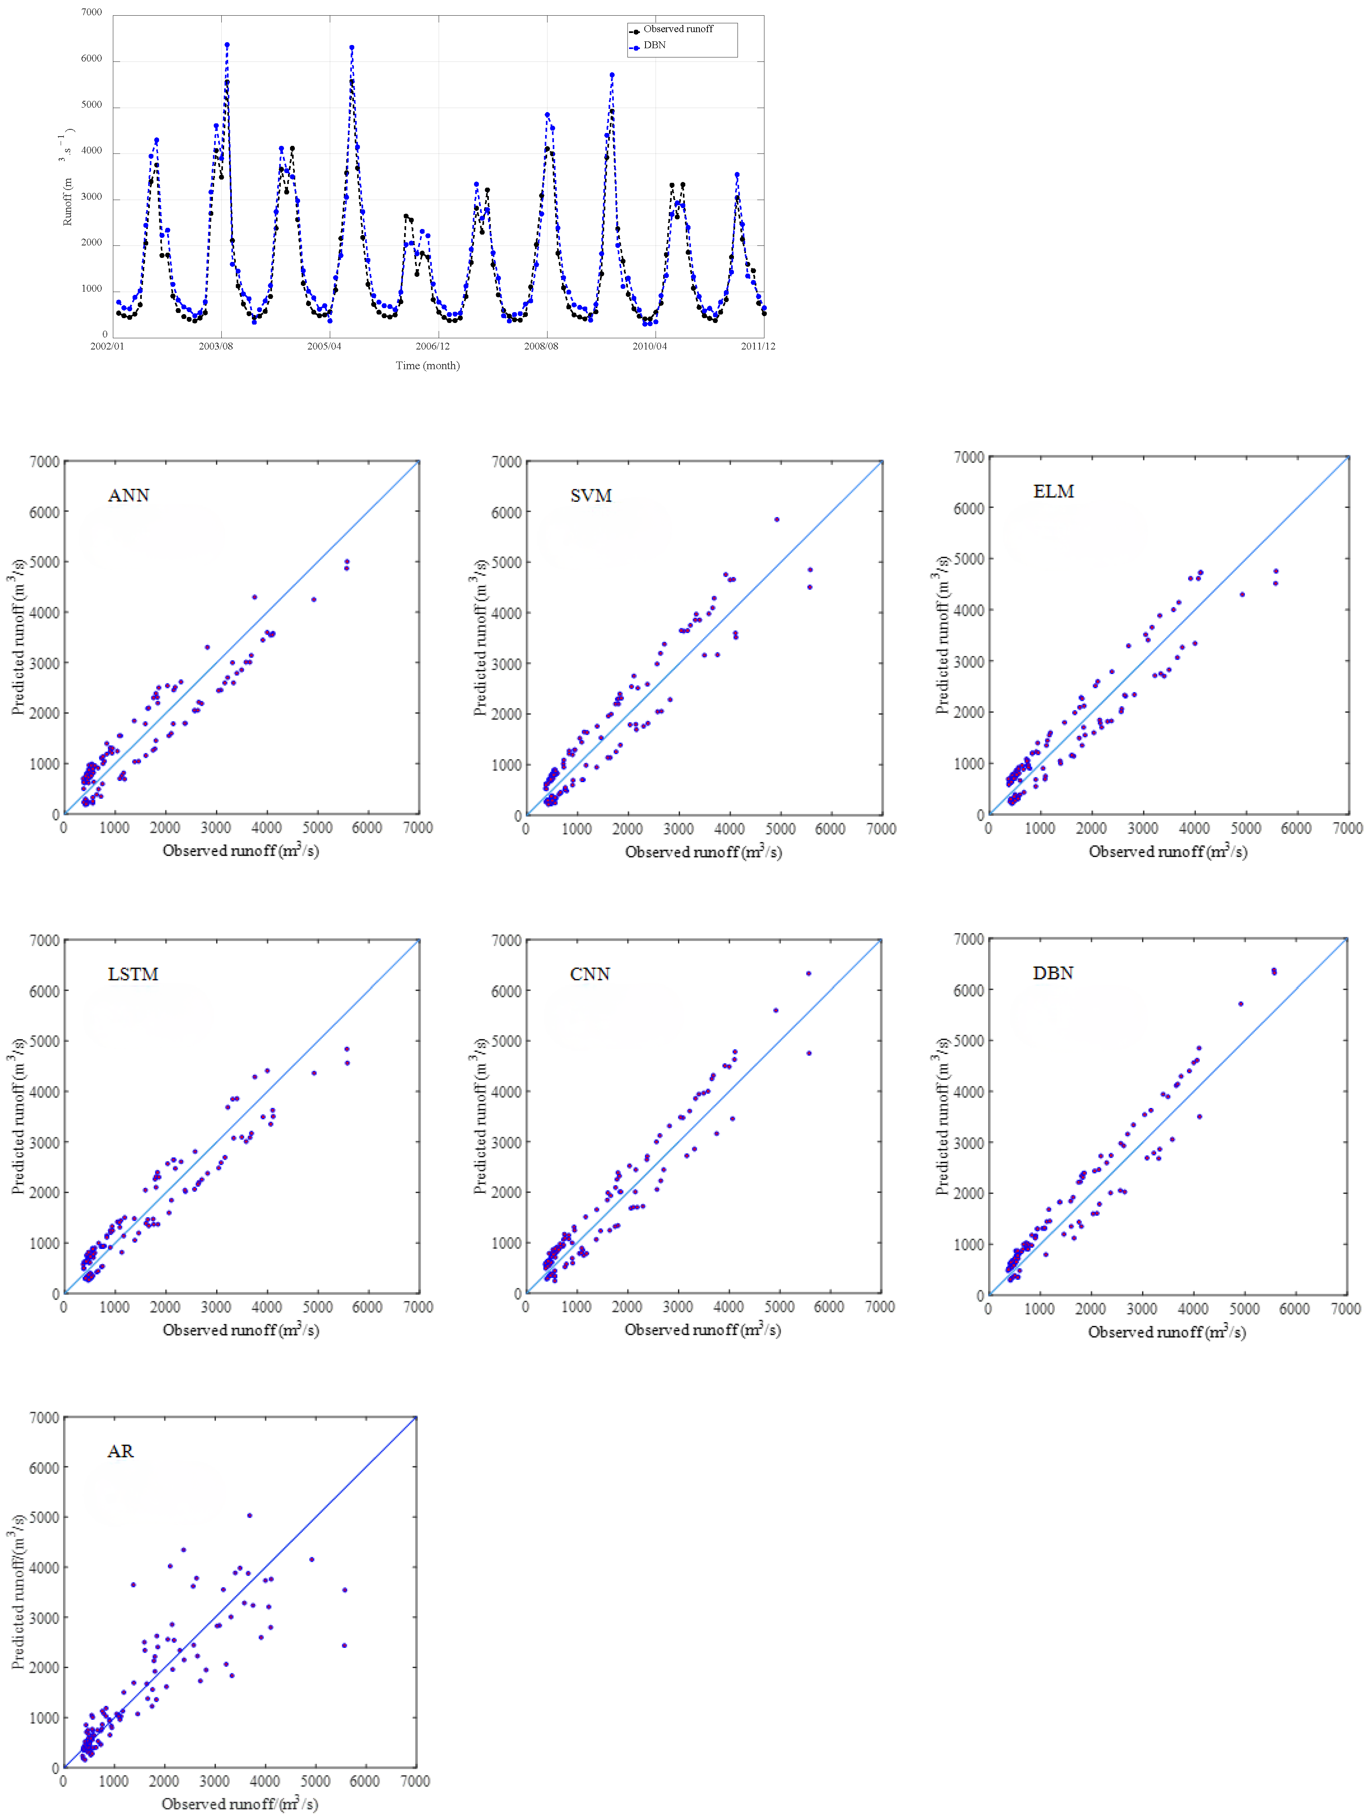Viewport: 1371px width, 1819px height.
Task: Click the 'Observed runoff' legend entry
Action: [x=677, y=29]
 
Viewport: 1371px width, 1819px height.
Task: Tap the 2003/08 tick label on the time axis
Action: [x=215, y=346]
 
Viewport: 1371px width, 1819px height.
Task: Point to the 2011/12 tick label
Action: [x=758, y=346]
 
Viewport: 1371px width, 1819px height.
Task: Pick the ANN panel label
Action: [x=128, y=495]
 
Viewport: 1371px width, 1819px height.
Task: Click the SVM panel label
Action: [x=590, y=495]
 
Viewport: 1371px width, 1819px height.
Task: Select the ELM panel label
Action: [x=1054, y=491]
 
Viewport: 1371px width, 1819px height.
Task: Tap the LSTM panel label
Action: [x=133, y=974]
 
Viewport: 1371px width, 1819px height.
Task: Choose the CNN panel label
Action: [x=590, y=974]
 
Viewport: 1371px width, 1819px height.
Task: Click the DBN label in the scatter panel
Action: [x=1053, y=973]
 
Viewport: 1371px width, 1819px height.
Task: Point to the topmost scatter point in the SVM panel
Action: [x=776, y=520]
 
